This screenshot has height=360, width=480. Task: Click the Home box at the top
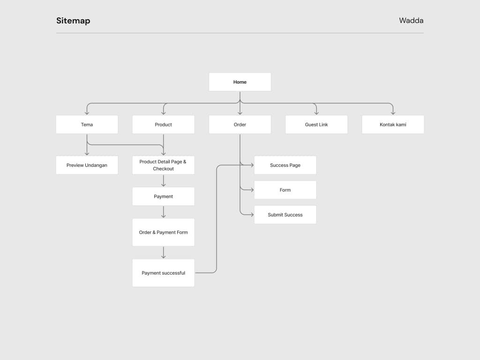point(240,82)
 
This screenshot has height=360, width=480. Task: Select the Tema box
point(87,125)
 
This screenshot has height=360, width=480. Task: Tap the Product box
point(163,125)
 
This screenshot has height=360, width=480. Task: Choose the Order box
point(240,125)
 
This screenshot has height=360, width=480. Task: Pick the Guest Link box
point(316,125)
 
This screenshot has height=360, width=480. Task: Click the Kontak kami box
point(393,125)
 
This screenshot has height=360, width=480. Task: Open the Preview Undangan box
point(87,165)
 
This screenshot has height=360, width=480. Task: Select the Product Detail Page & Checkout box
point(163,165)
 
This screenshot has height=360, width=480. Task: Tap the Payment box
point(163,196)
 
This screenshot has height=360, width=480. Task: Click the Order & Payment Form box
point(163,232)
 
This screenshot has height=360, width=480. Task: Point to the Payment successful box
point(163,273)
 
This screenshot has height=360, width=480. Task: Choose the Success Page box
point(285,165)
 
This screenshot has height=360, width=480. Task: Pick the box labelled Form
point(285,190)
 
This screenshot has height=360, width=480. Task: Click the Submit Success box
point(285,215)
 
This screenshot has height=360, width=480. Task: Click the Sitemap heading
point(73,21)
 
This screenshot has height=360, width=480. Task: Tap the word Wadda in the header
point(411,21)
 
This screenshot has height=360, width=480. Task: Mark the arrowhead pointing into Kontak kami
point(393,112)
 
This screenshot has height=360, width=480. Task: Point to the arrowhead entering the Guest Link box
point(316,112)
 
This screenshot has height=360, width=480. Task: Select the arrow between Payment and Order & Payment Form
point(163,212)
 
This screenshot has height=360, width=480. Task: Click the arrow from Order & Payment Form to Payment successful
point(163,253)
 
